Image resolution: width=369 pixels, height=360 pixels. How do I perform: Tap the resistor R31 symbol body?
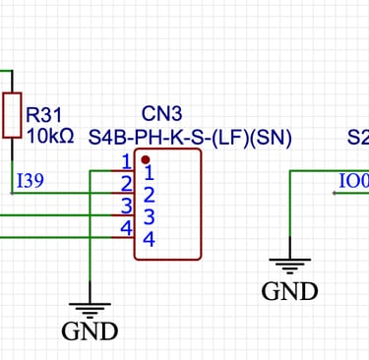pos(12,116)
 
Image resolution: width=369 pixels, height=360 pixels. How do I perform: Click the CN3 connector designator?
pos(161,114)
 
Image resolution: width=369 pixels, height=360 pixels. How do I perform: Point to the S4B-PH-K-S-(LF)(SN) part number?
pos(191,138)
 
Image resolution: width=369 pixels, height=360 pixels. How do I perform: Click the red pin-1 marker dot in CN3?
pos(146,159)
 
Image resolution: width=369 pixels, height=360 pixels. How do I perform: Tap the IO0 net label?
pos(352,181)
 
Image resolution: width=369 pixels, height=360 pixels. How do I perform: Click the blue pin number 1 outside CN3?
pos(125,161)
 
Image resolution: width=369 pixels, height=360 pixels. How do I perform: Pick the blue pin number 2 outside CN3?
pos(125,183)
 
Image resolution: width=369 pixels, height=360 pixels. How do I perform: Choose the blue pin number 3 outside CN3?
pos(125,206)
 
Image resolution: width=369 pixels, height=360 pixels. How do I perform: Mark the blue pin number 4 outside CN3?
pos(125,228)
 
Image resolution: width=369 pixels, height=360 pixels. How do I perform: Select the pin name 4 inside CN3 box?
pos(149,239)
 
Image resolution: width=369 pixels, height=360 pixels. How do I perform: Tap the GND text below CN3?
pos(90,331)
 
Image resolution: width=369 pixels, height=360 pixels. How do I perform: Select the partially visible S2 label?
pos(358,138)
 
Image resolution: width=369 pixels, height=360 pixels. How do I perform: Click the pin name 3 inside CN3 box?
pos(149,216)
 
